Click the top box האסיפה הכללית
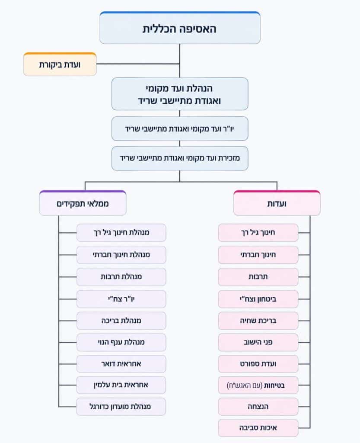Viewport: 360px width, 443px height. (180, 28)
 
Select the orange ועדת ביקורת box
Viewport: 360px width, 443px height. (60, 64)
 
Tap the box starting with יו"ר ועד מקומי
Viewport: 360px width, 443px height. (180, 128)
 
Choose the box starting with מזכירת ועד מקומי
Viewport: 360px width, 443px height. (180, 158)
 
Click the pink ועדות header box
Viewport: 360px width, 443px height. (277, 203)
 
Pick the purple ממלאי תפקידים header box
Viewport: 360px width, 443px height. (83, 203)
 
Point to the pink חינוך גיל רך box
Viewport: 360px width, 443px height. (258, 232)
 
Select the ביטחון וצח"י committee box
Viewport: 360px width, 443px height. (258, 299)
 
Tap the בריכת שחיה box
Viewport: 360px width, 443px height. (258, 321)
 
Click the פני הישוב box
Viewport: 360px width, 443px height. (258, 342)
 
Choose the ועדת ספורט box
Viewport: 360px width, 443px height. (258, 364)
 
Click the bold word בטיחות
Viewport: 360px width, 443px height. (274, 385)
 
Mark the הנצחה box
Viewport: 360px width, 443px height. (258, 407)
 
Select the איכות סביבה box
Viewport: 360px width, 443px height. (258, 428)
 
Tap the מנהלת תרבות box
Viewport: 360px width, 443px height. (121, 276)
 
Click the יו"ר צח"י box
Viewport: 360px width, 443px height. (121, 299)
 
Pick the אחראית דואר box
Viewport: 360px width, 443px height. (121, 364)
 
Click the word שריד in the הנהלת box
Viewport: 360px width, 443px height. (148, 101)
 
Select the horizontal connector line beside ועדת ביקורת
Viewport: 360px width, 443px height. (138, 64)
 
